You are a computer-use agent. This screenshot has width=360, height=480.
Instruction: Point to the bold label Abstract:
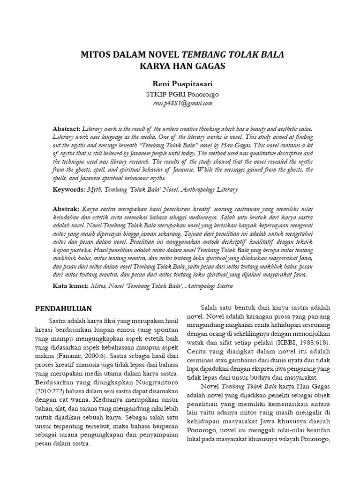(67, 128)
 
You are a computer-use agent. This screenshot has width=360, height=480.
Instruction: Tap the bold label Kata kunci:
(70, 285)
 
